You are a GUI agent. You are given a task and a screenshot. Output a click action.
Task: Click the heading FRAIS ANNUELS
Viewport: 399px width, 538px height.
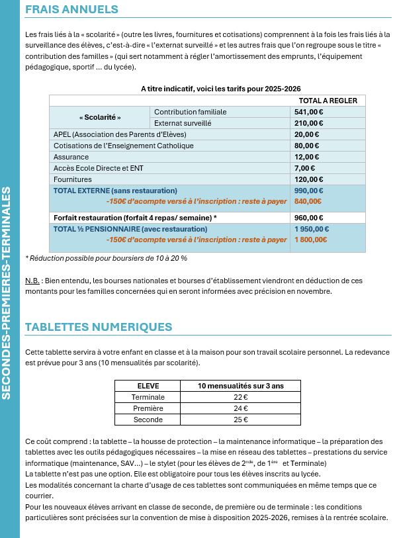tap(71, 9)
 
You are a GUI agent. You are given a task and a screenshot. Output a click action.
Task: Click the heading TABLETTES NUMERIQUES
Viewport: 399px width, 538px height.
tap(99, 327)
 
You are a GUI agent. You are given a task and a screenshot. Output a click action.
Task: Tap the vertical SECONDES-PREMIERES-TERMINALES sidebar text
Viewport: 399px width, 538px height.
tap(7, 293)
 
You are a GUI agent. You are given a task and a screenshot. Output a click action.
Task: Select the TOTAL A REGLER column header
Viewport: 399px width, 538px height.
tap(328, 101)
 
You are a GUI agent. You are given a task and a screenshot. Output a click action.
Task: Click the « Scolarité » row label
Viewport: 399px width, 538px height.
tap(100, 117)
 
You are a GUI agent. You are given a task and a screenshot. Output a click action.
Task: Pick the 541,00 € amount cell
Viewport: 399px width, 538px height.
tap(308, 112)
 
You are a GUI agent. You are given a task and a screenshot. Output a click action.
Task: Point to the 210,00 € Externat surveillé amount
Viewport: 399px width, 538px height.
tap(308, 123)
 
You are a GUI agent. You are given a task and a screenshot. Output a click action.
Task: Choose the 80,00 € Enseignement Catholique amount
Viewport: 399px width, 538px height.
tap(306, 146)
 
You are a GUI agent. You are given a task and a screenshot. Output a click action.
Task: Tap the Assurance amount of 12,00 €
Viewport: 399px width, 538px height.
tap(306, 157)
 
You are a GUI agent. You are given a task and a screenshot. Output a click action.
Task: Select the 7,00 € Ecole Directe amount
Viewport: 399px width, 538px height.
tap(304, 168)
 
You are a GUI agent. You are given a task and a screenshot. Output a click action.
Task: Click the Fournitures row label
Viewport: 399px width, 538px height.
tap(73, 179)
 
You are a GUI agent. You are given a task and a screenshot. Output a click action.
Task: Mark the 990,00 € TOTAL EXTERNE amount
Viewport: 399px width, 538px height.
tap(309, 191)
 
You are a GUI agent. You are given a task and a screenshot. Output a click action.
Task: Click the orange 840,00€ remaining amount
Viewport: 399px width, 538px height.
tap(308, 201)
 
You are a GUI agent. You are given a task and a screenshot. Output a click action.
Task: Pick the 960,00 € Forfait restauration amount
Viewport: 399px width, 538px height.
tap(309, 218)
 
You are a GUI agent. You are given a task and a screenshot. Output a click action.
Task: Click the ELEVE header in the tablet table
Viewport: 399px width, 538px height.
tap(148, 386)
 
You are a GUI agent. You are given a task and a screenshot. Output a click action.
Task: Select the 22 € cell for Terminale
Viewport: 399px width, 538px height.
tap(241, 397)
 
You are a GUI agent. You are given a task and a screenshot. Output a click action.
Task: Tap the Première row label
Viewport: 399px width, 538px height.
tap(148, 408)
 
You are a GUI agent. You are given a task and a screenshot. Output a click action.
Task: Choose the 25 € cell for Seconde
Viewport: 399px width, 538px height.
tap(241, 420)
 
